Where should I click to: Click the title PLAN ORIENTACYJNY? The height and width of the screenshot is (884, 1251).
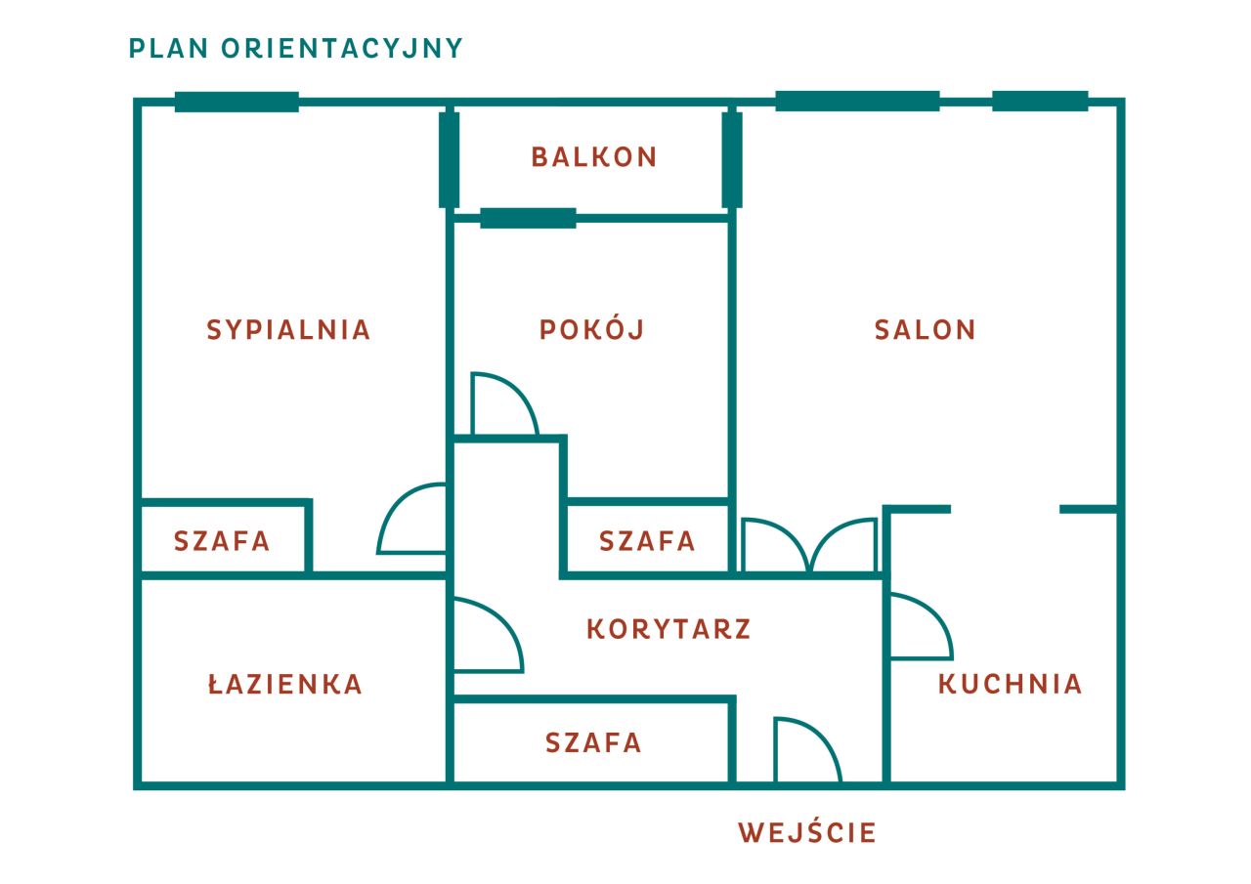tap(296, 49)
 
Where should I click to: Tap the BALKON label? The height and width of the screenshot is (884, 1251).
tap(593, 157)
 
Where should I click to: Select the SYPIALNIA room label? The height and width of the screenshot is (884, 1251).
tap(288, 330)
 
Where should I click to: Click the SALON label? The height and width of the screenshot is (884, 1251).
tap(925, 330)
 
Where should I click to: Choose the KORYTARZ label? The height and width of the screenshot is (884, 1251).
tap(669, 629)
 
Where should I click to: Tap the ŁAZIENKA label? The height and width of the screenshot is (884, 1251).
tap(284, 684)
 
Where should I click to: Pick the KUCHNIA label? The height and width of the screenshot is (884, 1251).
tap(1010, 684)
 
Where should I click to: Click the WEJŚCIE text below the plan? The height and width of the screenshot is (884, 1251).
tap(807, 832)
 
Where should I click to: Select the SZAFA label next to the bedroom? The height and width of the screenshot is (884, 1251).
tap(222, 541)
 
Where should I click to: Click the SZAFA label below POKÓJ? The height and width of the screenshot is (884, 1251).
tap(647, 541)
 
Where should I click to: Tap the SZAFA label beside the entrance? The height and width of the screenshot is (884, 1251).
tap(593, 742)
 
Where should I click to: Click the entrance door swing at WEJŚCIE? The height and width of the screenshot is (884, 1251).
tap(821, 736)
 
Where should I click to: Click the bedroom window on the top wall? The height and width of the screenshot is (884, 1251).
tap(237, 103)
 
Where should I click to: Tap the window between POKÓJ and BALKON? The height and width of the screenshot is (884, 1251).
tap(528, 218)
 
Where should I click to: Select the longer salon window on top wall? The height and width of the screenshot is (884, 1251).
tap(857, 101)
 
